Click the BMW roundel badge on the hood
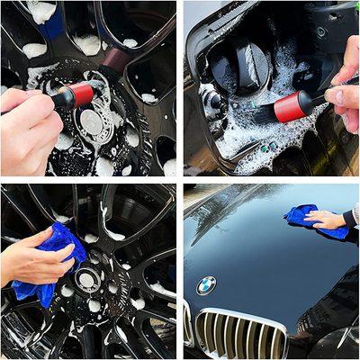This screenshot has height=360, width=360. click(206, 285)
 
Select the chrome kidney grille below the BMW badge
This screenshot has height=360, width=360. click(236, 333)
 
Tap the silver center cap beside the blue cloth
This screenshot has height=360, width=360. click(86, 280)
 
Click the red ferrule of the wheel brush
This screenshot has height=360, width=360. click(79, 94)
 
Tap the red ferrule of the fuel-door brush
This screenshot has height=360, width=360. click(292, 107)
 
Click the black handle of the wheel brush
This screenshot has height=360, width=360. click(59, 99)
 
